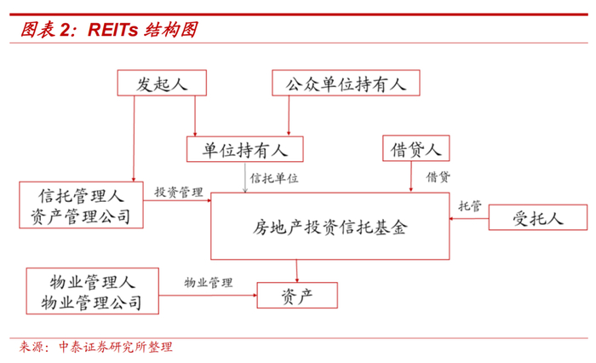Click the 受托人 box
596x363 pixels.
tap(537, 218)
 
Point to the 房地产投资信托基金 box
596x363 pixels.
tap(330, 227)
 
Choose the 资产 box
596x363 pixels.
tap(296, 295)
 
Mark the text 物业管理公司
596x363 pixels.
tap(92, 302)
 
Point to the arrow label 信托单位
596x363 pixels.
tap(274, 178)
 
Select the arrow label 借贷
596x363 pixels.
tap(438, 177)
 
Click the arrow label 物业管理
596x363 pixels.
tap(209, 281)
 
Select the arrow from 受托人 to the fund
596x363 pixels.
tap(469, 220)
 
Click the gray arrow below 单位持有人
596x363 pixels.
tap(246, 177)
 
